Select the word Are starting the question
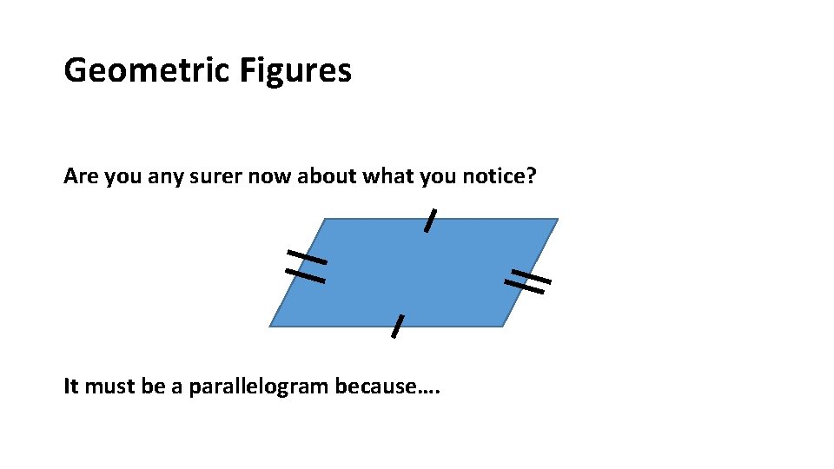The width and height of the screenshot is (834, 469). pyautogui.click(x=79, y=177)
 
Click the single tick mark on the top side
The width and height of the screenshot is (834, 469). pyautogui.click(x=429, y=221)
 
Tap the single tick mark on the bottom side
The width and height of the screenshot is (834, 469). pyautogui.click(x=397, y=326)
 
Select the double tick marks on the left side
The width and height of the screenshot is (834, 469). pyautogui.click(x=306, y=266)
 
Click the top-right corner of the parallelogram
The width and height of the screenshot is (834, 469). pyautogui.click(x=557, y=219)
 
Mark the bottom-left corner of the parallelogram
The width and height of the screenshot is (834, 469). pyautogui.click(x=270, y=327)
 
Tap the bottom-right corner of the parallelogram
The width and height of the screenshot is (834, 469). pyautogui.click(x=503, y=327)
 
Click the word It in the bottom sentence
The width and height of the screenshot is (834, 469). pyautogui.click(x=70, y=386)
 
